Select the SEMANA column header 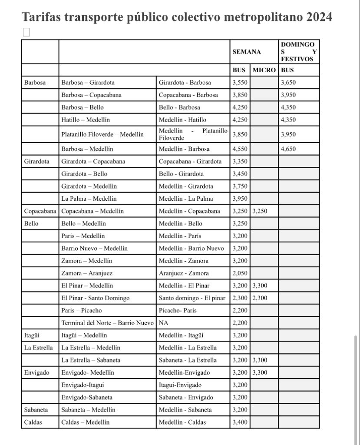pyautogui.click(x=246, y=52)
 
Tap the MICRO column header pyautogui.click(x=264, y=70)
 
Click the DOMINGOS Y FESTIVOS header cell pyautogui.click(x=299, y=52)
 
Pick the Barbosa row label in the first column pyautogui.click(x=35, y=83)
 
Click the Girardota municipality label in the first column pyautogui.click(x=36, y=162)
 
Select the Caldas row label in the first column pyautogui.click(x=33, y=422)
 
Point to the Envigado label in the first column pyautogui.click(x=36, y=372)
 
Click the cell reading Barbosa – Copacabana pyautogui.click(x=91, y=95)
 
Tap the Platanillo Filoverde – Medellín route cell pyautogui.click(x=102, y=135)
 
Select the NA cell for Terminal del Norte pyautogui.click(x=163, y=323)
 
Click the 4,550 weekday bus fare pyautogui.click(x=240, y=149)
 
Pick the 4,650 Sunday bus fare pyautogui.click(x=288, y=149)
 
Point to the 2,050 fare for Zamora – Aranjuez pyautogui.click(x=240, y=273)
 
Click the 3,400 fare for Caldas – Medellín pyautogui.click(x=240, y=422)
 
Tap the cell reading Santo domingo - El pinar pyautogui.click(x=192, y=298)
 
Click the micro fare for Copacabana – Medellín pyautogui.click(x=260, y=211)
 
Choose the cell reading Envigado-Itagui pyautogui.click(x=83, y=385)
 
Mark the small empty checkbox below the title pyautogui.click(x=26, y=32)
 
